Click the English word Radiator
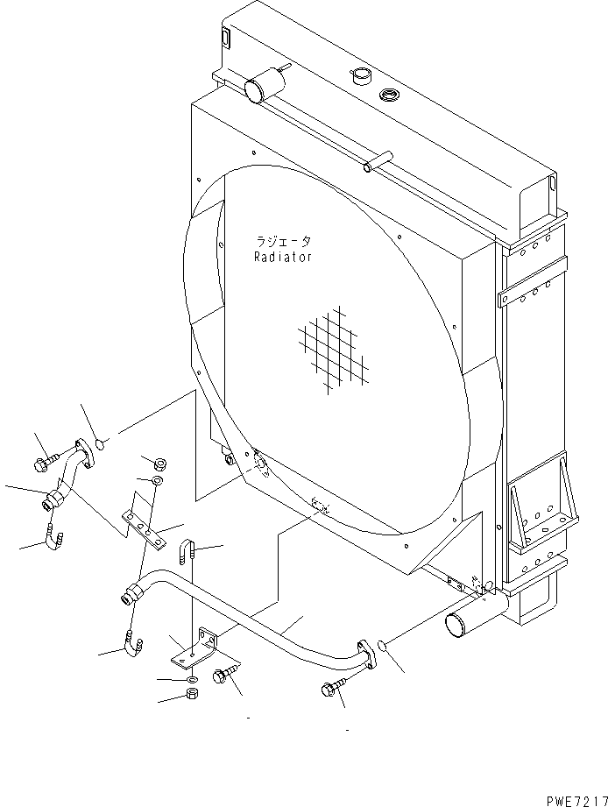282,258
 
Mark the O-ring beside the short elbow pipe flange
101,444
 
